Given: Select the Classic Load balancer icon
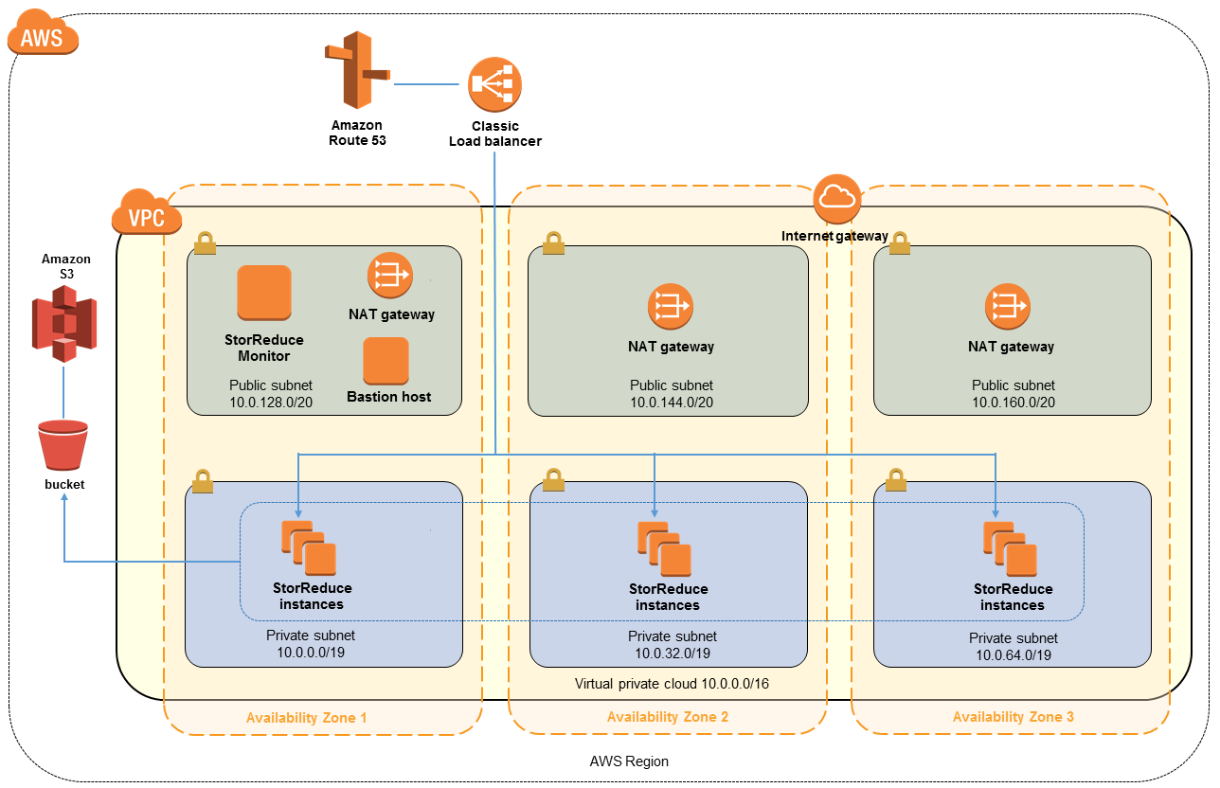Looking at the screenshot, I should point(494,84).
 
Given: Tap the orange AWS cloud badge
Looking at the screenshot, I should point(43,37).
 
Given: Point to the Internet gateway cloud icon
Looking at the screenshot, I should point(834,197).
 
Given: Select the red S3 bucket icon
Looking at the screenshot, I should point(63,445).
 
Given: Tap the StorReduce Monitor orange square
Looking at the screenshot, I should point(264,293).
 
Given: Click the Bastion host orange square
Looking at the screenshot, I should point(386,361).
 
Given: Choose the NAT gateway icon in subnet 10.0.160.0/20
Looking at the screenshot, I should point(1008,307).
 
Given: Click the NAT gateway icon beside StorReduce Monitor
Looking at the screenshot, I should point(390,276).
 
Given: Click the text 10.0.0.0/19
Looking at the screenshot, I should point(309,653).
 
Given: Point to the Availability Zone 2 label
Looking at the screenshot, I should point(667,717).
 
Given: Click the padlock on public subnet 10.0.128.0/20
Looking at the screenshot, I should point(205,244).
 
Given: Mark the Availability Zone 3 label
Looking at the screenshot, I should point(1013,717).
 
